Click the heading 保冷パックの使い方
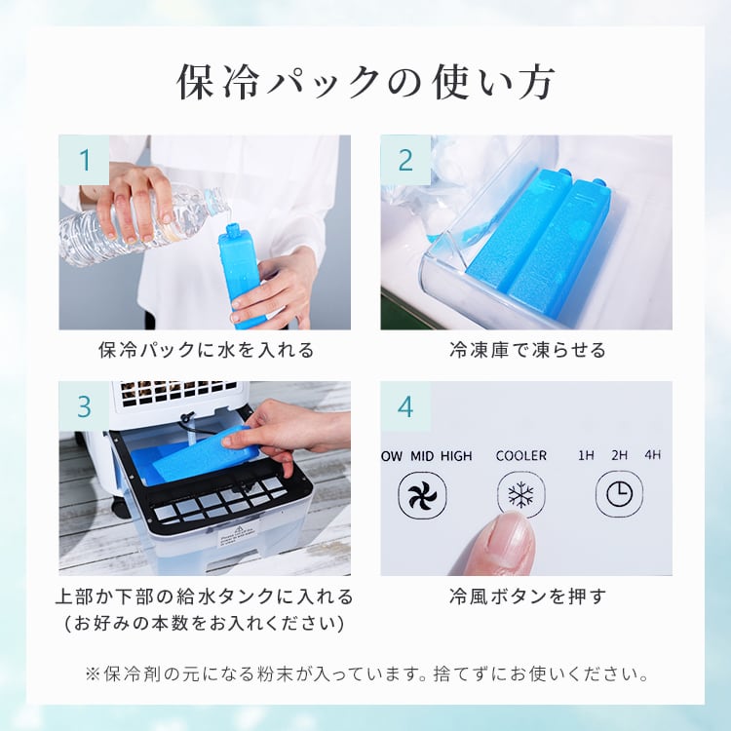pyautogui.click(x=365, y=83)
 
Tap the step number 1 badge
pyautogui.click(x=84, y=160)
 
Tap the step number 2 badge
pyautogui.click(x=405, y=160)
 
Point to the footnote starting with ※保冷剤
pyautogui.click(x=366, y=673)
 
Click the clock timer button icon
pyautogui.click(x=619, y=495)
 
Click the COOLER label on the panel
pyautogui.click(x=521, y=455)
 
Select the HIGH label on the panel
pyautogui.click(x=456, y=455)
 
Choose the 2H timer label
pyautogui.click(x=619, y=455)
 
